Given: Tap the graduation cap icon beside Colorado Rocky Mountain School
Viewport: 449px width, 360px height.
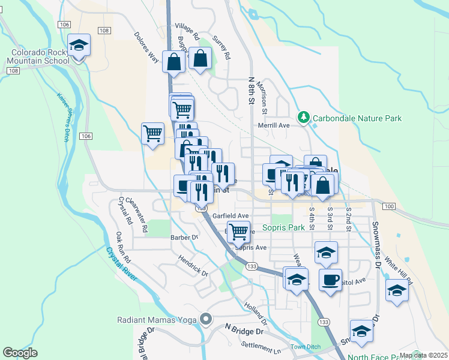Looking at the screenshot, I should [77, 46].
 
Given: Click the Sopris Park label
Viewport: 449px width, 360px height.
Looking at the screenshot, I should [284, 228].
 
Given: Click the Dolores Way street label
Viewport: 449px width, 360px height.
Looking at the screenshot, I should [146, 47].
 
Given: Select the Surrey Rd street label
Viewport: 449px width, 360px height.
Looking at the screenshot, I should [221, 46].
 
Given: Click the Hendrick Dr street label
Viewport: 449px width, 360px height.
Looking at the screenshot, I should [193, 266].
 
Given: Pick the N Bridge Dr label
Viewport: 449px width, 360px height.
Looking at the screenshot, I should [244, 330].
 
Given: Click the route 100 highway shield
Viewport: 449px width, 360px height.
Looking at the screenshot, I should [389, 206].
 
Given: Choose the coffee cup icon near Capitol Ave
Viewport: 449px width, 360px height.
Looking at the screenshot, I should [330, 279].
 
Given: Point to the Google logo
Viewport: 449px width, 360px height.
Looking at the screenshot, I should [20, 353].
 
